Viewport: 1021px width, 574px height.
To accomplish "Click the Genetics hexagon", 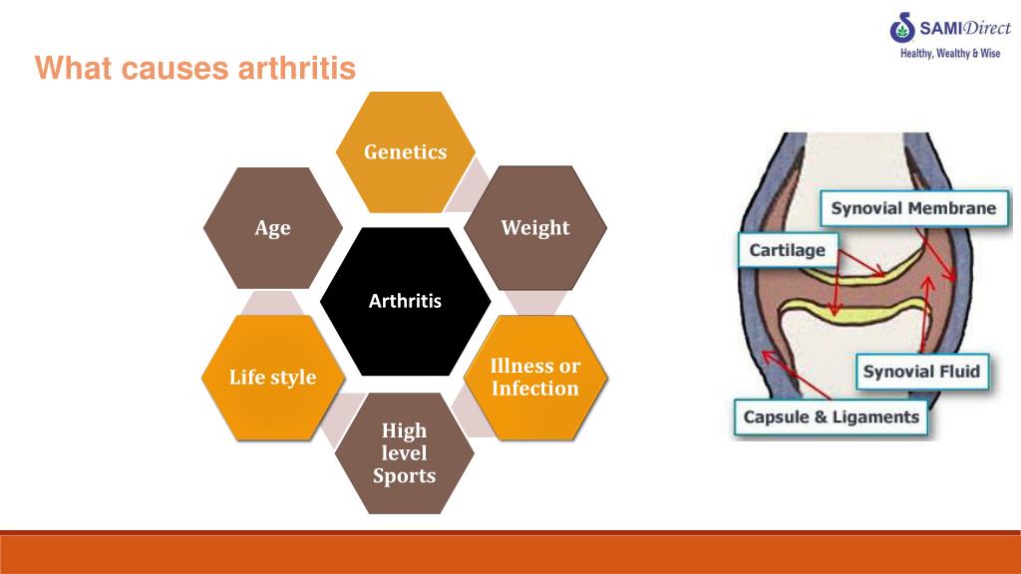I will (x=405, y=152).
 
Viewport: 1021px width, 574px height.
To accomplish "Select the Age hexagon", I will (x=272, y=228).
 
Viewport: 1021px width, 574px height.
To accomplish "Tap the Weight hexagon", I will (x=535, y=228).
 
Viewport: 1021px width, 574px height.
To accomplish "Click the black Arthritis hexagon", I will (x=405, y=301).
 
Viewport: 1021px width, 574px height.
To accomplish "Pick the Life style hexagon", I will (x=272, y=378).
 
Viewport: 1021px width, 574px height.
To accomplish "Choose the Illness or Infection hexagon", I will (x=535, y=378).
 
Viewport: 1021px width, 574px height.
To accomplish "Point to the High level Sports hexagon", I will (x=405, y=453).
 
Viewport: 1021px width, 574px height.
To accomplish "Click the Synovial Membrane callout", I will (x=913, y=208).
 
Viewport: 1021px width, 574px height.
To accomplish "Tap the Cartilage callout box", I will (x=788, y=250).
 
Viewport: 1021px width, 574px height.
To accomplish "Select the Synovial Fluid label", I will (x=921, y=372).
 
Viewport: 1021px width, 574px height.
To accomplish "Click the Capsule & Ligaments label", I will (x=831, y=417).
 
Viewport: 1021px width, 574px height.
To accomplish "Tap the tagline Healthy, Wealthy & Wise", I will (x=949, y=54).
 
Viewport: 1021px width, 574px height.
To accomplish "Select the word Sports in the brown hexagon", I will (x=405, y=475).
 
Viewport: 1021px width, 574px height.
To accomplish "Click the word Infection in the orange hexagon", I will (x=535, y=389).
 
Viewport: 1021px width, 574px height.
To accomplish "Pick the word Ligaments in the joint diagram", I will (x=879, y=417).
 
